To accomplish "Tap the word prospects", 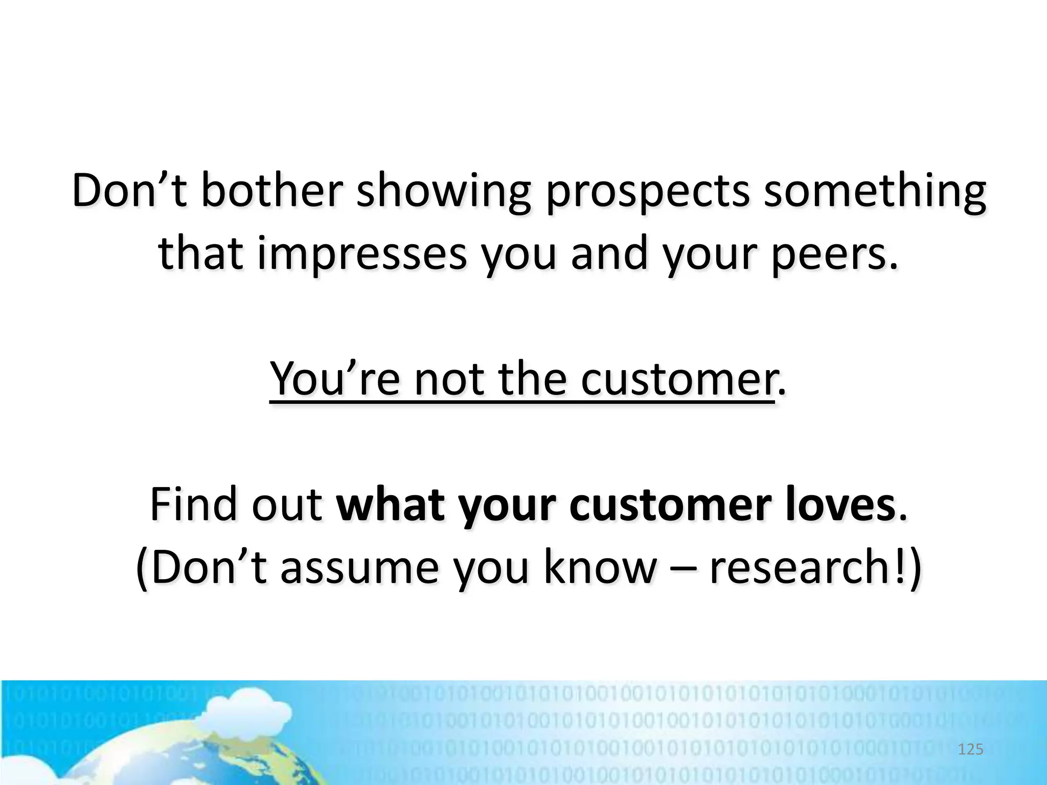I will (x=648, y=192).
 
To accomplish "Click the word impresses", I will (x=362, y=255).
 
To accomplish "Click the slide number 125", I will (x=970, y=750).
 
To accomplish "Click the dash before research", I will (x=682, y=568).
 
